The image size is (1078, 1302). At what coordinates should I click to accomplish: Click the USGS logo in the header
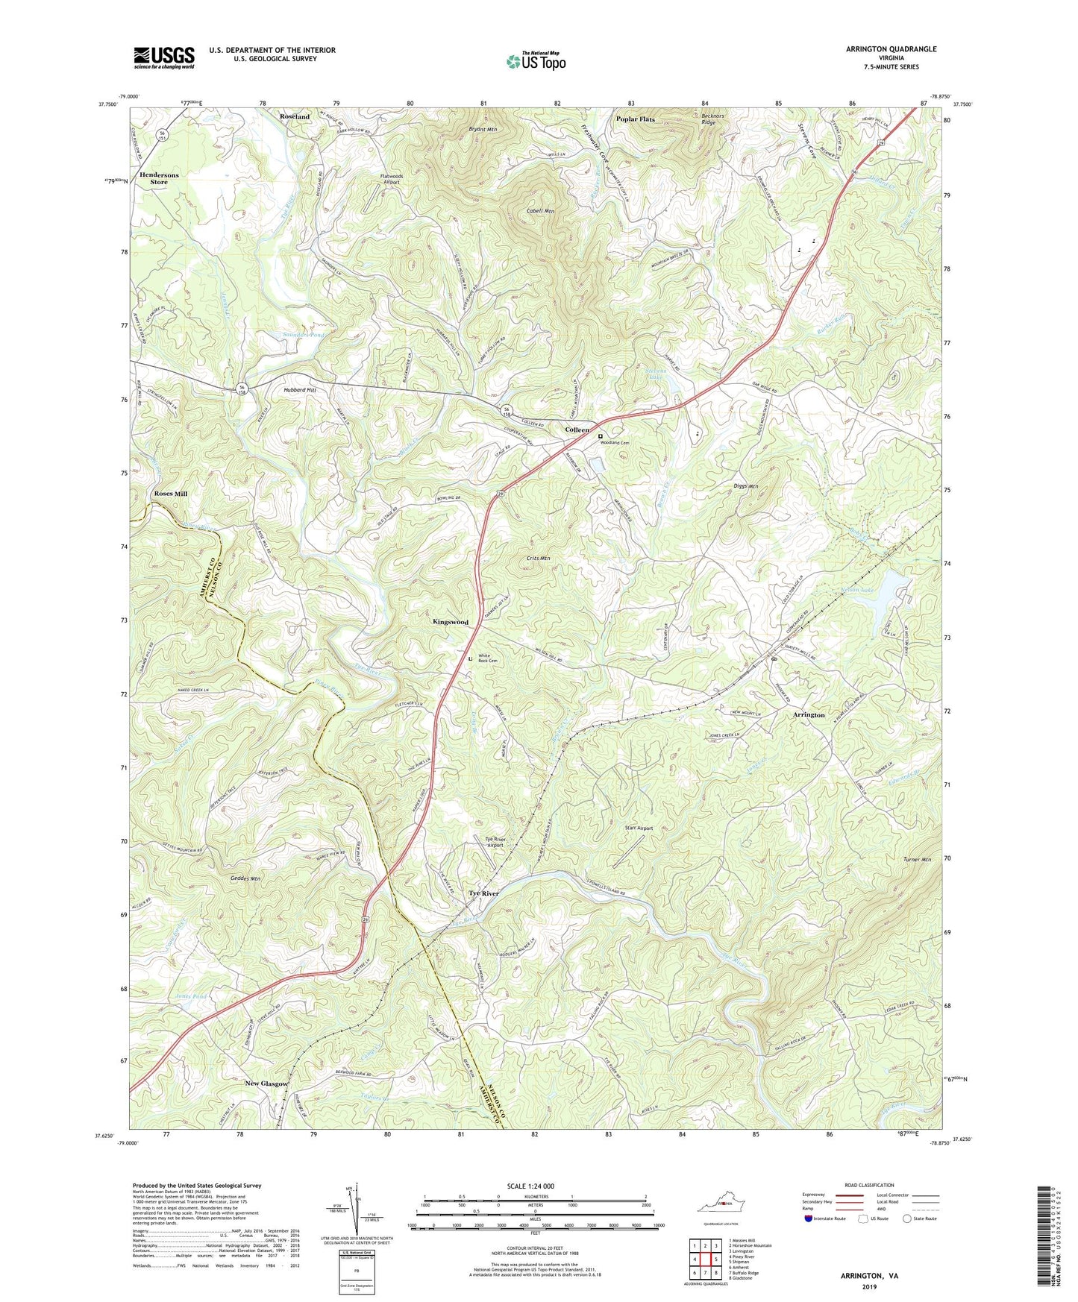[x=163, y=57]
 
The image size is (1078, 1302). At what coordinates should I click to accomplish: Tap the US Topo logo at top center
[x=535, y=61]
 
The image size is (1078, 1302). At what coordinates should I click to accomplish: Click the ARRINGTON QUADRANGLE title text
[x=891, y=49]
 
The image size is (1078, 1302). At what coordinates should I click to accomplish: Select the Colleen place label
[x=577, y=430]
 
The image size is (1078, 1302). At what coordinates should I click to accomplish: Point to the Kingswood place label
[x=450, y=621]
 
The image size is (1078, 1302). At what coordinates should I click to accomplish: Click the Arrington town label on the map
[x=809, y=714]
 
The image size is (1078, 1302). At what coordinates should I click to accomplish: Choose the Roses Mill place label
[x=170, y=494]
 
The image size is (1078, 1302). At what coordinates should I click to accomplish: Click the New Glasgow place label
[x=266, y=1084]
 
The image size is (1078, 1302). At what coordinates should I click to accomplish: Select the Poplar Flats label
[x=635, y=119]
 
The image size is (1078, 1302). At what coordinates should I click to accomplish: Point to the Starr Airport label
[x=639, y=828]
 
